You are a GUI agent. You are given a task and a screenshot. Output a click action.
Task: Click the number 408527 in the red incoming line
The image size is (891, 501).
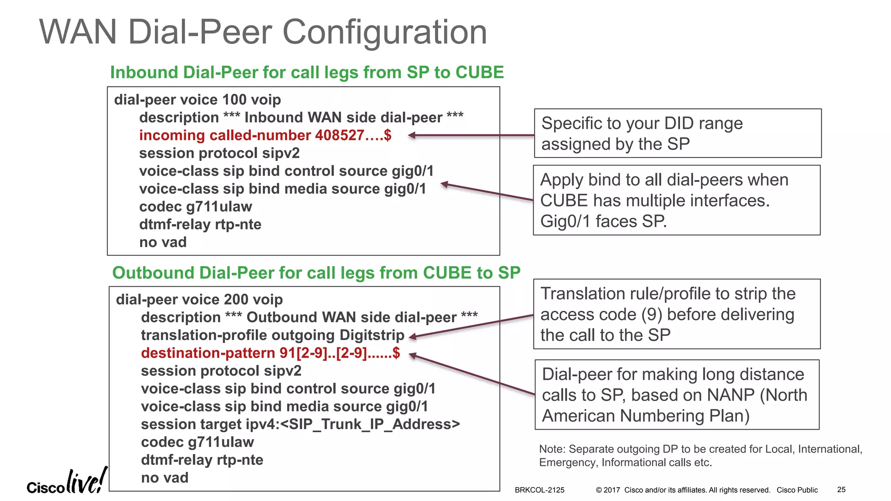(339, 135)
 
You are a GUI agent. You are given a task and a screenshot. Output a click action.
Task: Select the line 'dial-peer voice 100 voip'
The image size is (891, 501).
(197, 100)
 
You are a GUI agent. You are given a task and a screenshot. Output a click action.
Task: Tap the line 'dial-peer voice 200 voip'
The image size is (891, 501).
(199, 299)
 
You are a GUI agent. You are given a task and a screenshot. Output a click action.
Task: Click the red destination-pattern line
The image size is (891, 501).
(270, 353)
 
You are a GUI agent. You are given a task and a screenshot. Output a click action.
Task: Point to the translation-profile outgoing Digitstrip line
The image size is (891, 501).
(272, 335)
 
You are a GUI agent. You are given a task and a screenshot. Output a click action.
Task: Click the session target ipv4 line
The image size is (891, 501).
(300, 424)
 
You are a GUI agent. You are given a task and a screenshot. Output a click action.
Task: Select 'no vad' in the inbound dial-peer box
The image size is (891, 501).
(163, 242)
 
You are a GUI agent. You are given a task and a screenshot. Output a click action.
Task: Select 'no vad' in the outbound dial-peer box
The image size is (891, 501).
(164, 478)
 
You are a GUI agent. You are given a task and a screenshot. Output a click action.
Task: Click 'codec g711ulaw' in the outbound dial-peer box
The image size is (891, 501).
(197, 442)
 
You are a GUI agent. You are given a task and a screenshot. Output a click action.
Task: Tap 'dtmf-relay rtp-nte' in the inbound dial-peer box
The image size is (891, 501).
(200, 224)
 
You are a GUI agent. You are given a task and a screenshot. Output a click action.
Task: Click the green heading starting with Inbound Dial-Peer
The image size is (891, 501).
(307, 72)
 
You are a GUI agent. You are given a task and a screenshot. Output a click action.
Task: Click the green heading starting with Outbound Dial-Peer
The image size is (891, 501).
(316, 273)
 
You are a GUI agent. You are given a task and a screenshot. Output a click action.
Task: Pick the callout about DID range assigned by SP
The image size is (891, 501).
(677, 133)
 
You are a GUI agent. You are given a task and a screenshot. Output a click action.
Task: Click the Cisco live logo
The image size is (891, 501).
(66, 482)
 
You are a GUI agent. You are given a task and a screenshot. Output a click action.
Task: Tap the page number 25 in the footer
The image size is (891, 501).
(841, 490)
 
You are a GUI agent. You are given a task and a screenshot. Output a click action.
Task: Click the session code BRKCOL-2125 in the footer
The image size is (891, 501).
(539, 490)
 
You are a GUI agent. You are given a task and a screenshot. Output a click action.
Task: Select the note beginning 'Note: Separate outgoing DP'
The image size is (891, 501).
(700, 455)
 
